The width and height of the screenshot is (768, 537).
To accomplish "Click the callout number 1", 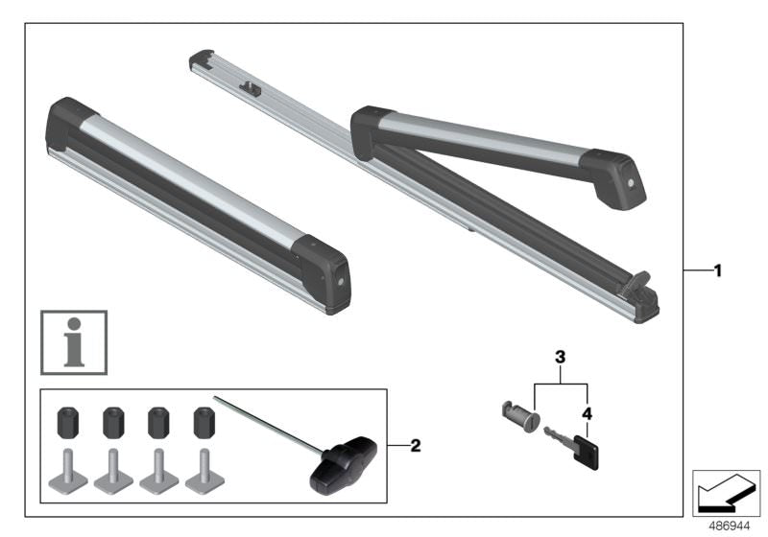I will click(x=716, y=271).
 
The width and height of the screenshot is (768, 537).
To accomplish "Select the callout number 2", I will click(x=415, y=445).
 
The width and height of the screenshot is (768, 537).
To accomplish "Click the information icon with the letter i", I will click(x=73, y=341).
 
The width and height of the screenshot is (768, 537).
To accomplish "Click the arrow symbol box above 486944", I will click(x=726, y=492).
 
